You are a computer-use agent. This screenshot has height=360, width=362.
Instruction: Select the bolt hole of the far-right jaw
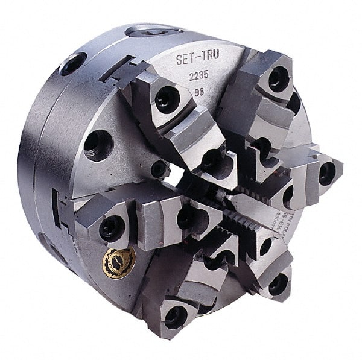[x=326, y=173]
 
